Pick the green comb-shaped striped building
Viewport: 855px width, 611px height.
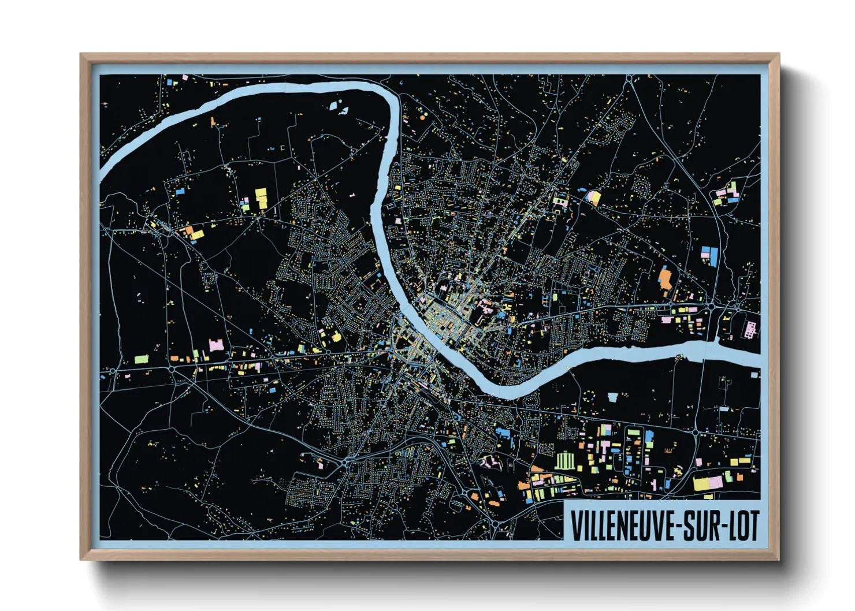click(565, 461)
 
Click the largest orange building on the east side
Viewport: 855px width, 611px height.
click(666, 278)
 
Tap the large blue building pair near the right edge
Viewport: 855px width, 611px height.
click(709, 255)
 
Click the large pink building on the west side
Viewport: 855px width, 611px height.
click(215, 345)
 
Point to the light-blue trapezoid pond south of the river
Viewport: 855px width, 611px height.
click(613, 396)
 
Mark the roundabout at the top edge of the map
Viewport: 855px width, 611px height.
click(629, 77)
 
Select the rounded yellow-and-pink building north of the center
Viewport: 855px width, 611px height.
click(593, 198)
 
